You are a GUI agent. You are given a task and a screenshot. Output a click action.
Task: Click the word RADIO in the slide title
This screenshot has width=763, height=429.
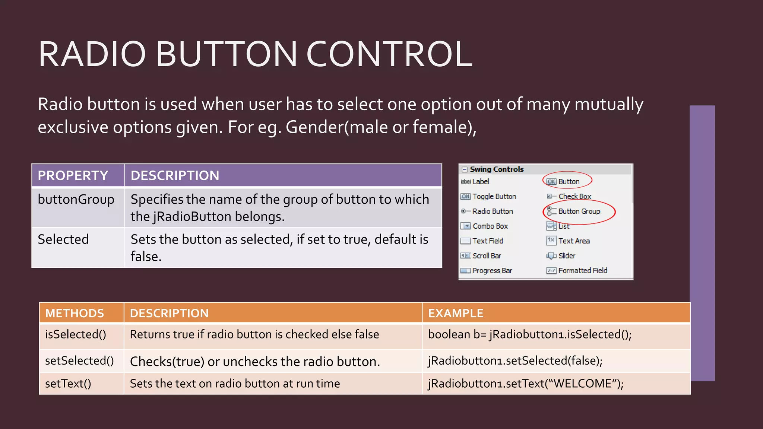[92, 54]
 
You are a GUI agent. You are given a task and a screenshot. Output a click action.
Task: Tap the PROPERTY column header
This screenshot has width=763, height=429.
[73, 175]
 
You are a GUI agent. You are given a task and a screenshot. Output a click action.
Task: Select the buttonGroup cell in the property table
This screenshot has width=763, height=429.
[76, 200]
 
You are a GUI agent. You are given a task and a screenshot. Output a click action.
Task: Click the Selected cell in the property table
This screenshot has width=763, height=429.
[63, 239]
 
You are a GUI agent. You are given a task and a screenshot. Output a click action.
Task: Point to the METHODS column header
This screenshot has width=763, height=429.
[75, 313]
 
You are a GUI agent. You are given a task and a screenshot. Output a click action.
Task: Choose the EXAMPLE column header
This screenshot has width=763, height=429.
[456, 313]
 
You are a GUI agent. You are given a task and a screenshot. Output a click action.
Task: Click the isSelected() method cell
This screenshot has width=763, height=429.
[76, 334]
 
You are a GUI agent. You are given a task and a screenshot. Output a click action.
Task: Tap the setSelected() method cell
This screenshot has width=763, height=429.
[79, 360]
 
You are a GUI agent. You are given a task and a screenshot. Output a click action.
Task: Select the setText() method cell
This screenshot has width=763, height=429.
[68, 384]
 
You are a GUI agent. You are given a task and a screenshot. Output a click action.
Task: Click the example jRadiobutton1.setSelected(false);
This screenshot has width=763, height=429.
[515, 360]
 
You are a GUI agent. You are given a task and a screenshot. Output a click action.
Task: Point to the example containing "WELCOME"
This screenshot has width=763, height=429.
[526, 384]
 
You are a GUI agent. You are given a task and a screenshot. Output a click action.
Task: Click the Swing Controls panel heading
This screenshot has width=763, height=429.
[497, 169]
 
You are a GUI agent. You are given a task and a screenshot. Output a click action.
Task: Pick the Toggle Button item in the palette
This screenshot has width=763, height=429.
[494, 196]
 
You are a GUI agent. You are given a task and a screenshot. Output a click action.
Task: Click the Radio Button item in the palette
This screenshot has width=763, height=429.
[493, 211]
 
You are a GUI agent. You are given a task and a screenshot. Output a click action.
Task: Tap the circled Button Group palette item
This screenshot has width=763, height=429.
[579, 211]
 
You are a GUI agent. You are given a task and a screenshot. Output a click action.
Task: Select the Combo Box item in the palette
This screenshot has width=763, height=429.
[490, 226]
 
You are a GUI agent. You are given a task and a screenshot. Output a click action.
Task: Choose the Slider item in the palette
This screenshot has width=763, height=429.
[567, 256]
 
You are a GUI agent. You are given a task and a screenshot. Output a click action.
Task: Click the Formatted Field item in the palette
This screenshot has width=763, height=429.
[582, 271]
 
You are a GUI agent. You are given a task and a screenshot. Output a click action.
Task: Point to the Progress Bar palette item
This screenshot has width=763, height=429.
[492, 271]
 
